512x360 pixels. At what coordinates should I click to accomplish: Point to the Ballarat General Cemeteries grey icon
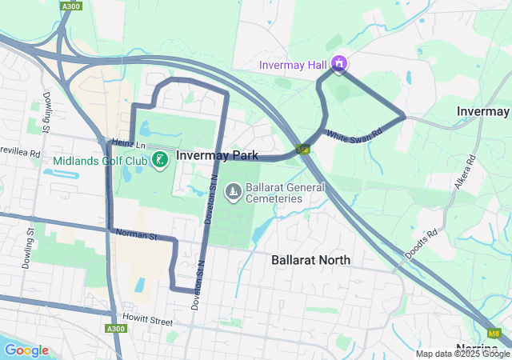pos(234,190)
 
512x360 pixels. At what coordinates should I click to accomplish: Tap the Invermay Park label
pos(217,155)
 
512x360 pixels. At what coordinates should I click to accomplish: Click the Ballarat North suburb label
pos(310,260)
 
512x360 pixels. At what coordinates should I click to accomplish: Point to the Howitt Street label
pos(148,321)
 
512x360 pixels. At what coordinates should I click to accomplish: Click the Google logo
pos(26,350)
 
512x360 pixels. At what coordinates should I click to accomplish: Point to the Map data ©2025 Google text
pos(462,354)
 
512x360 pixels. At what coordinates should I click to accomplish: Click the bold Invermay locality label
pos(483,110)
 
